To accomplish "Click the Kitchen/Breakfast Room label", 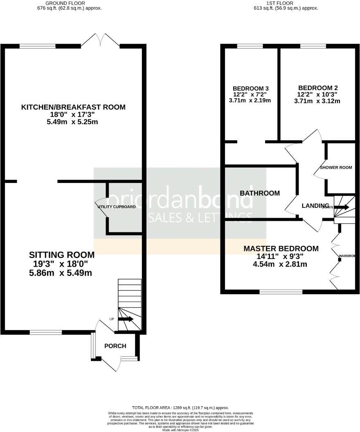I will (73, 107).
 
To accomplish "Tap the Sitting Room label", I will (61, 255).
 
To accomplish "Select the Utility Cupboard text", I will (117, 207).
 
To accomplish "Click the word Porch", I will (115, 346).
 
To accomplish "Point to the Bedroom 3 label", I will (251, 88).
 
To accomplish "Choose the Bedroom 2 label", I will (317, 88).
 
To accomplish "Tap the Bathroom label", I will (260, 193).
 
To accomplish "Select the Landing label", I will (315, 205).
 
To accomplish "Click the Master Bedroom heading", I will (281, 249).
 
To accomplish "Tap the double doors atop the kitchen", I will (101, 40).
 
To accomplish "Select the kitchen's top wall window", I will (38, 46).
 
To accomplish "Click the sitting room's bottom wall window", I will (45, 332).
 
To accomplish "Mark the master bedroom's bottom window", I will (281, 292).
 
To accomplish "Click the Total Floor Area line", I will (180, 408).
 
